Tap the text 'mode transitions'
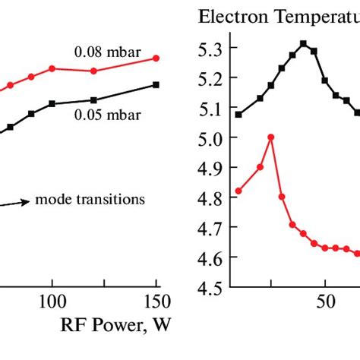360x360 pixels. (90, 200)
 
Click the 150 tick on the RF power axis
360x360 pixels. (156, 302)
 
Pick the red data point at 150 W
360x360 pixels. (156, 58)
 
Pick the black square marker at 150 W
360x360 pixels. (156, 84)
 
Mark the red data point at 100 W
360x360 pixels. (52, 68)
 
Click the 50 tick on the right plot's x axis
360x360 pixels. (324, 302)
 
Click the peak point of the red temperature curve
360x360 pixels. (271, 137)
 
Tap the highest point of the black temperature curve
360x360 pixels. (304, 43)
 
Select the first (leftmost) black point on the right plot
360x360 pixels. (238, 115)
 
